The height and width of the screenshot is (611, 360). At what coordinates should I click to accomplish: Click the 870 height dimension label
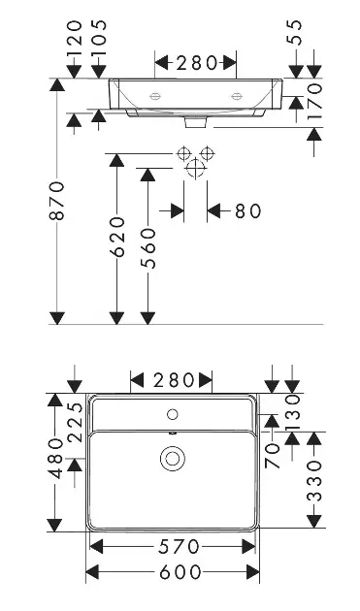(57, 201)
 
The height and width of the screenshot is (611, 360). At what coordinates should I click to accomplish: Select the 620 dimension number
(117, 237)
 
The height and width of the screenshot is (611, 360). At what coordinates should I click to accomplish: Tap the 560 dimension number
(148, 248)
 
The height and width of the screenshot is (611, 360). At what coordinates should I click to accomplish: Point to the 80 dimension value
(247, 211)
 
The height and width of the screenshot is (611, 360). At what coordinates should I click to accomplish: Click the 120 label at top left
(74, 38)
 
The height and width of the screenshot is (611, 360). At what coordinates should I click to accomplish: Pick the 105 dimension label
(99, 38)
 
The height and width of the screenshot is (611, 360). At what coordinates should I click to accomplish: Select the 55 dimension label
(296, 33)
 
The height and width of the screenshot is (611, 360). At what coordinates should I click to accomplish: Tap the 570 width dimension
(179, 547)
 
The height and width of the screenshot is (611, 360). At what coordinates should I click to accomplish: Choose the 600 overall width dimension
(180, 572)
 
